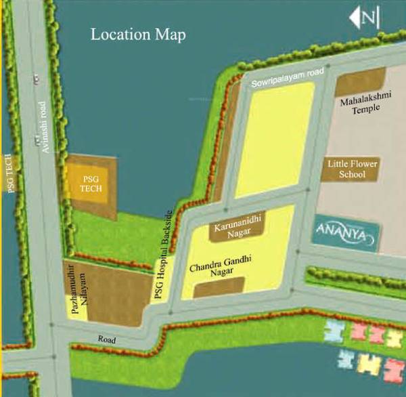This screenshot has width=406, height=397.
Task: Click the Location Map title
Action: click(138, 34)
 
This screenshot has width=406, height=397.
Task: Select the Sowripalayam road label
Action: click(288, 77)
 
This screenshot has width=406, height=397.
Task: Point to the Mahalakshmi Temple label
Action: click(360, 107)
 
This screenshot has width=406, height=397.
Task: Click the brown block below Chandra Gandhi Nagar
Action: click(218, 287)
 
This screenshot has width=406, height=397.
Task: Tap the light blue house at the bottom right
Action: click(334, 331)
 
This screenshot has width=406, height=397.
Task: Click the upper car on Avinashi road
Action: click(34, 79)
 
